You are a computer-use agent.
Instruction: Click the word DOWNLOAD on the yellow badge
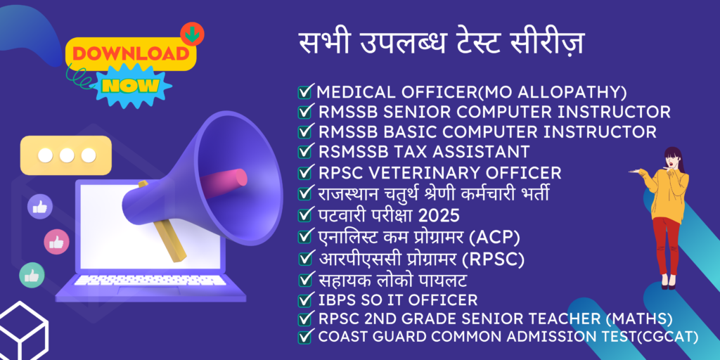(131, 54)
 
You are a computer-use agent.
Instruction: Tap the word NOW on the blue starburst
(131, 85)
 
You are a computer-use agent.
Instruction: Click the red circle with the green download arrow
(192, 34)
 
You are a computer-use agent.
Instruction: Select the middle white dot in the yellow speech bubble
(67, 155)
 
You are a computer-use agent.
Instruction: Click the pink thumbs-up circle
(56, 242)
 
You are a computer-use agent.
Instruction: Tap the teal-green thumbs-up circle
(32, 275)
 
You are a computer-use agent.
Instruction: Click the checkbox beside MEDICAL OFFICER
(304, 92)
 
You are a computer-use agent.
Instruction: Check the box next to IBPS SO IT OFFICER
(304, 300)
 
